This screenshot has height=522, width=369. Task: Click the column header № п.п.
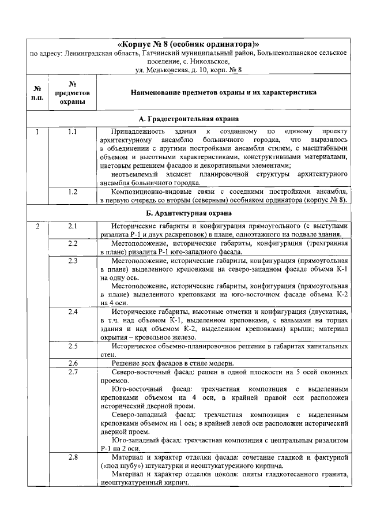37,92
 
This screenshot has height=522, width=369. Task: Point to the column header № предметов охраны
73,92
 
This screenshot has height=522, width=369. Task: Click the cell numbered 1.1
73,132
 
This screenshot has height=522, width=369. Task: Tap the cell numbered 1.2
73,191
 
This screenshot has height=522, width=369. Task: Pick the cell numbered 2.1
73,226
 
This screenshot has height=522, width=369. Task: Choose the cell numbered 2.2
73,244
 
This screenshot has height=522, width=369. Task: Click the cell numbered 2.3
73,261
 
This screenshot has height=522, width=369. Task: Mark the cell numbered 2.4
73,312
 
